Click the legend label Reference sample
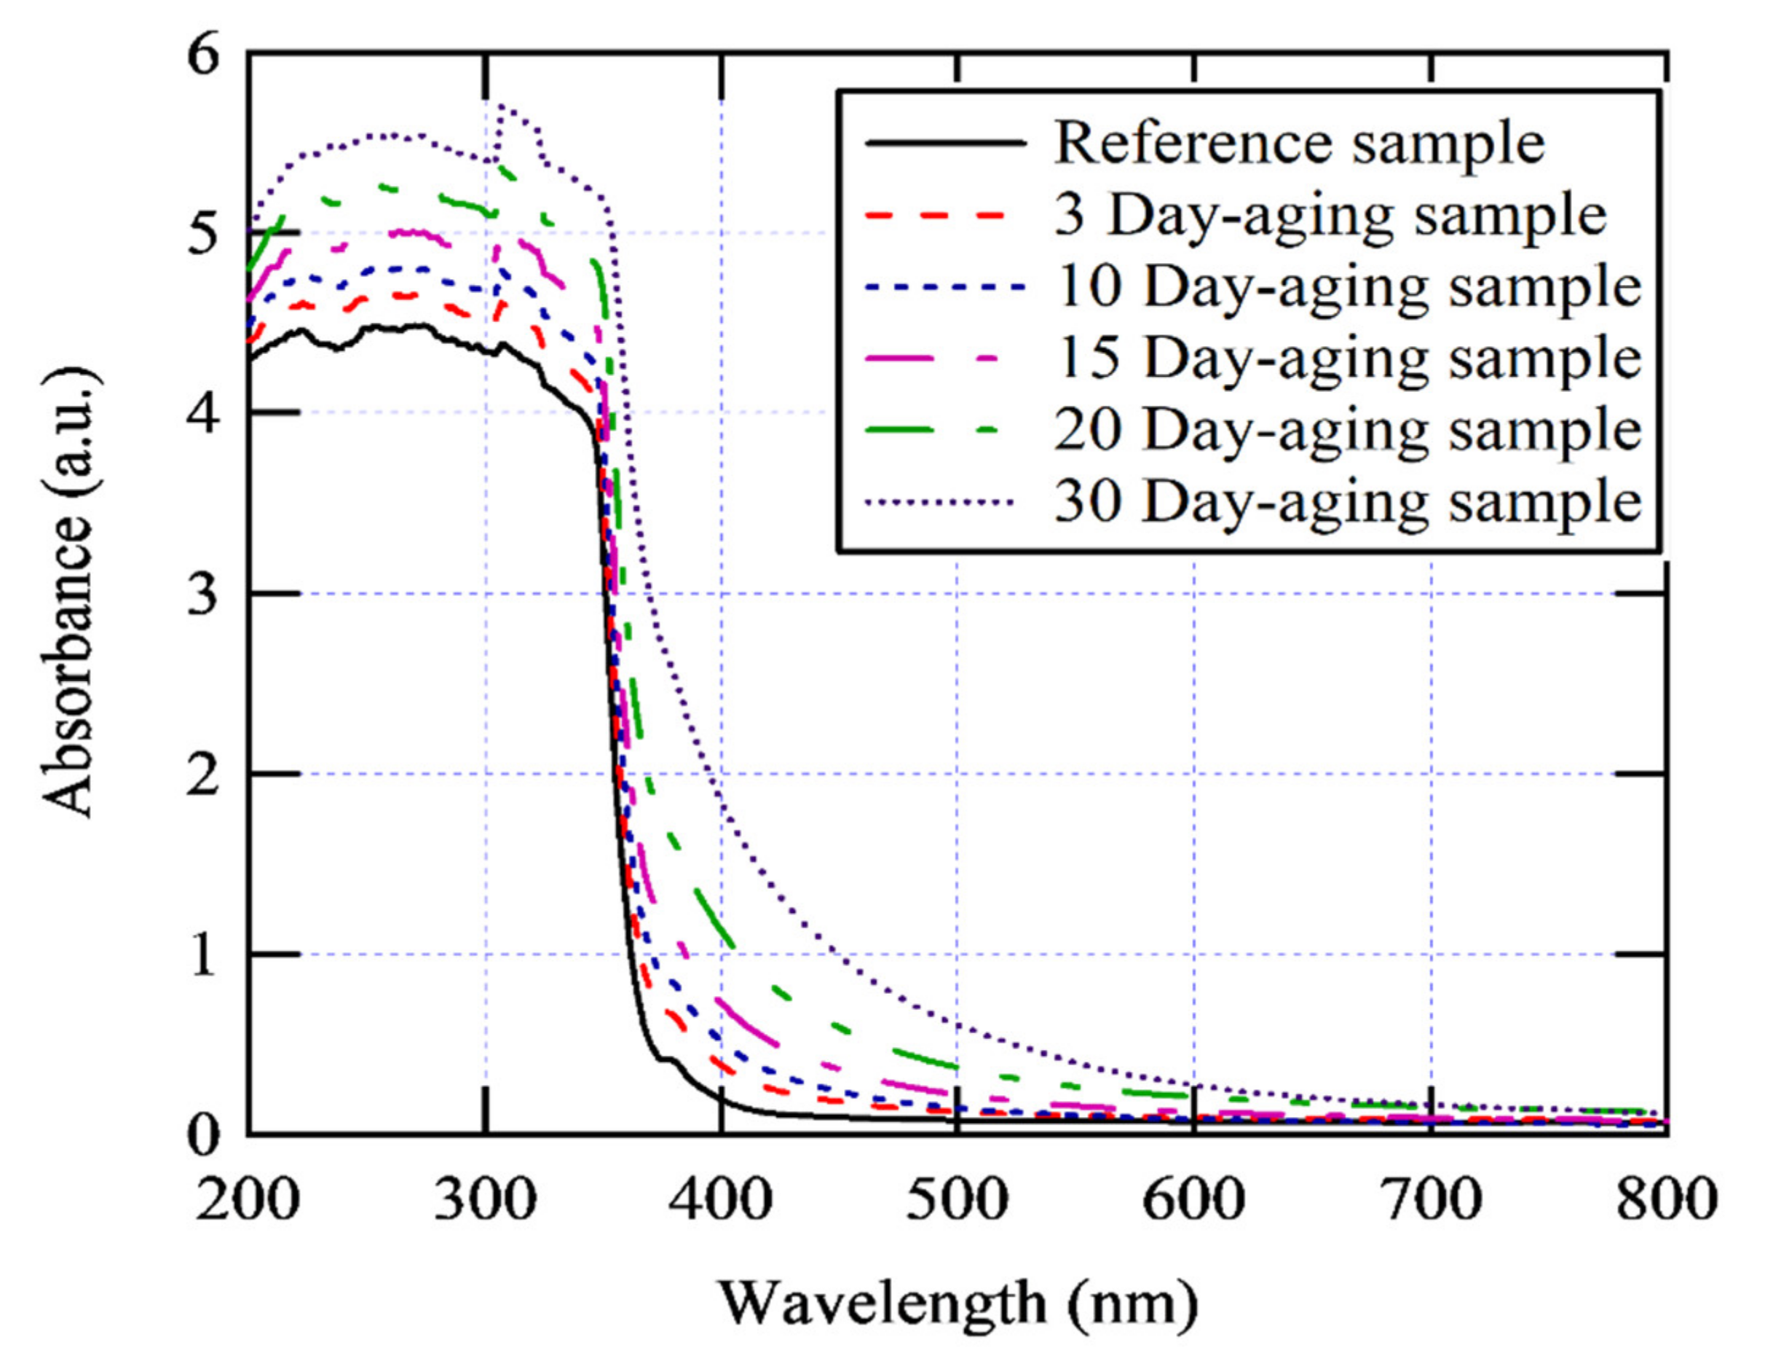point(1299,144)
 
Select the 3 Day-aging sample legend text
point(1330,216)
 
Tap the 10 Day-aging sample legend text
point(1348,287)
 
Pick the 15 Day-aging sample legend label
point(1348,358)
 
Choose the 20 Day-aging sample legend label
point(1348,430)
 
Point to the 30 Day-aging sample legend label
point(1348,501)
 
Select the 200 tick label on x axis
point(248,1200)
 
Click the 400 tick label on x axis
point(722,1200)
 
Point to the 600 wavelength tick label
point(1193,1200)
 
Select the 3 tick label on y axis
point(203,595)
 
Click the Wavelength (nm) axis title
point(957,1304)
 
